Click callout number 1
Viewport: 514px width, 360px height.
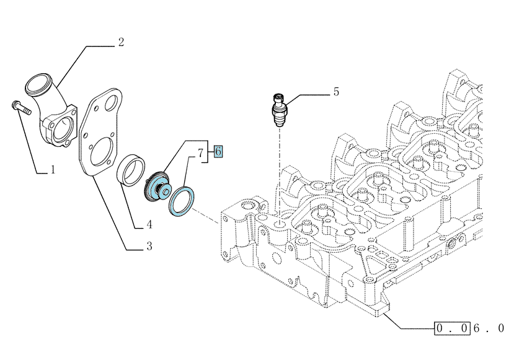pyautogui.click(x=53, y=170)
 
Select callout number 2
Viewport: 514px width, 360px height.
pyautogui.click(x=122, y=42)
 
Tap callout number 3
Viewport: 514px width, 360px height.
pyautogui.click(x=149, y=246)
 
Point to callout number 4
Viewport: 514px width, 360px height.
pyautogui.click(x=149, y=224)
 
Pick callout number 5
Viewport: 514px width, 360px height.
pyautogui.click(x=336, y=92)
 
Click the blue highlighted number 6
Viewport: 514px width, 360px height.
pyautogui.click(x=218, y=152)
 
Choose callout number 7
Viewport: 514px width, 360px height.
pyautogui.click(x=201, y=153)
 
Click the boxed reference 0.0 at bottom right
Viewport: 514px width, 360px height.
pyautogui.click(x=452, y=328)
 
